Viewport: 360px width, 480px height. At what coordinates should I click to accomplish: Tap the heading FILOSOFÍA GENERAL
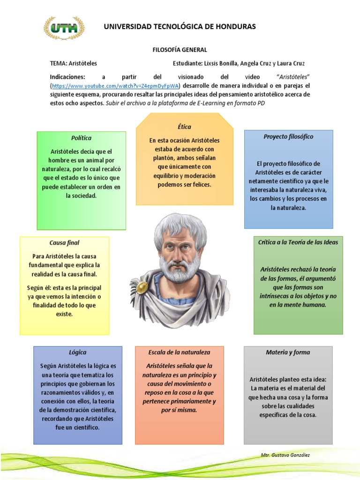[180, 49]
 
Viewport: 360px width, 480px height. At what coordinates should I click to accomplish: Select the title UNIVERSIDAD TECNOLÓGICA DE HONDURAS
[180, 27]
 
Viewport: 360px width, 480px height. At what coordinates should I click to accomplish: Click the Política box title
[81, 138]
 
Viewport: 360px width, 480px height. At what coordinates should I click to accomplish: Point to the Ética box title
[184, 127]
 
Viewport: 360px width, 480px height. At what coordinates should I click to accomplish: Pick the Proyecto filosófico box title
[288, 136]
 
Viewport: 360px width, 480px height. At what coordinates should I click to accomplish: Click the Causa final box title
[64, 242]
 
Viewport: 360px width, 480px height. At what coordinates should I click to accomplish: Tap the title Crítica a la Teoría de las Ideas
[298, 242]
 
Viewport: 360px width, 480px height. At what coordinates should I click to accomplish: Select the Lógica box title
[78, 352]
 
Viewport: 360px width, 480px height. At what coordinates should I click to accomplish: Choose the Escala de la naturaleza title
[179, 352]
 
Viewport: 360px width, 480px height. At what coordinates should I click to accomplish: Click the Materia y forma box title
[288, 352]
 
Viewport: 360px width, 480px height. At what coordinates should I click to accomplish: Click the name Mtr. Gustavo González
[285, 455]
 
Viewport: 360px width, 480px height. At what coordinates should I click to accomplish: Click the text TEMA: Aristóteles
[74, 63]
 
